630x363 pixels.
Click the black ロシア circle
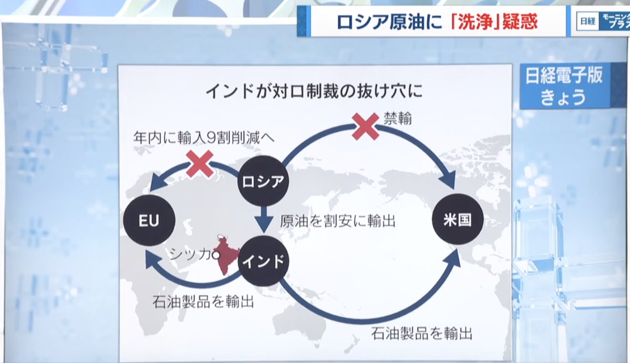pos(263,181)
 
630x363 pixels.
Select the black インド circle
pos(264,260)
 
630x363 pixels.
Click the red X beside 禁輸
pos(366,125)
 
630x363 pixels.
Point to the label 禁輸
pos(397,119)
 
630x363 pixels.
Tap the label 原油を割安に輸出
pos(337,221)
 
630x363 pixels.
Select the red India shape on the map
pos(227,257)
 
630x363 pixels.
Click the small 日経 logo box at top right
pos(587,22)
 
